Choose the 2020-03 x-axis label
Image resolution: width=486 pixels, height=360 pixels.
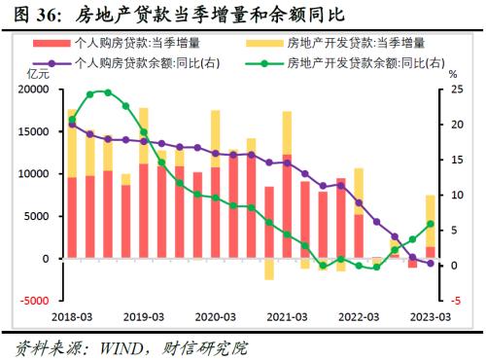click(x=216, y=317)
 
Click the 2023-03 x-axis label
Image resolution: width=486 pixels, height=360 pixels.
click(x=431, y=317)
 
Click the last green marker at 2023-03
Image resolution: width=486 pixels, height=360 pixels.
click(x=431, y=224)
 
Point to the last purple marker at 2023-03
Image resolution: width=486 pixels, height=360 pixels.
click(x=431, y=263)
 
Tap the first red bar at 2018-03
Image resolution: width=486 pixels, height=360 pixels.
click(x=71, y=218)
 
